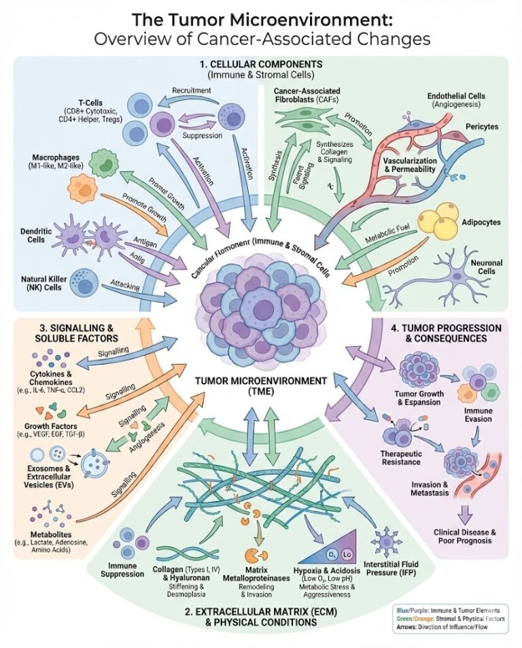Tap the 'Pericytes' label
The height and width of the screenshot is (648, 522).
click(x=476, y=126)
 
